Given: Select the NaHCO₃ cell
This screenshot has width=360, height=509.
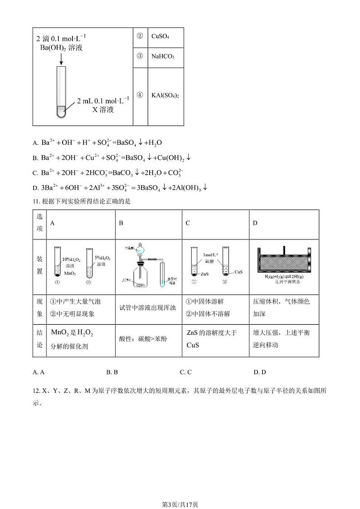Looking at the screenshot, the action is [x=163, y=57].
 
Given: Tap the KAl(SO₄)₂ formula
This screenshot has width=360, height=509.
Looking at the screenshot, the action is [x=165, y=95].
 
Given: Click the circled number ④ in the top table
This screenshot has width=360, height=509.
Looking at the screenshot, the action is [x=140, y=95].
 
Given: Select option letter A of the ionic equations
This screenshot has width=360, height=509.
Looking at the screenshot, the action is [x=35, y=143].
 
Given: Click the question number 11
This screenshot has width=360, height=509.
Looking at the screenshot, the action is [x=36, y=201].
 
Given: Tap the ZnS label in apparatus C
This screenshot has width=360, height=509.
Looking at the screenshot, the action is [x=204, y=274].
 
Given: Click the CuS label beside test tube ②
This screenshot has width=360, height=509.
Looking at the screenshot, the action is [x=238, y=272].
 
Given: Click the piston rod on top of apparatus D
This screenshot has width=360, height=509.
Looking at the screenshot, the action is [x=284, y=250].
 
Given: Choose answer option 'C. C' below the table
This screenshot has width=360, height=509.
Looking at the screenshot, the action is [x=185, y=372].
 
